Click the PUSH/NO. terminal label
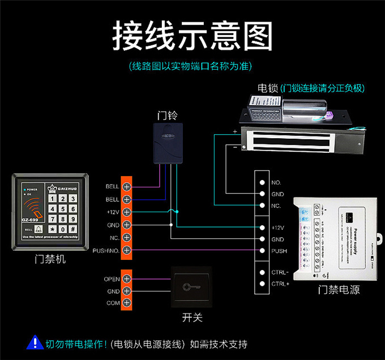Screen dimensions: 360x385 point(106,250)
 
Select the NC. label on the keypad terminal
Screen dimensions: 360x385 point(113,237)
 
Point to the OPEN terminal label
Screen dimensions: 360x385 point(112,279)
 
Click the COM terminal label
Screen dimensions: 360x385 point(113,303)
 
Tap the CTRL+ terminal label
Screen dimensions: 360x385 point(280,284)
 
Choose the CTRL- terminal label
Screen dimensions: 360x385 point(280,272)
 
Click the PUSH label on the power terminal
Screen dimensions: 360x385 point(279,250)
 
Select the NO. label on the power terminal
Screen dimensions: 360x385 point(276,183)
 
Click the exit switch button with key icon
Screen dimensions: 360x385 point(191,287)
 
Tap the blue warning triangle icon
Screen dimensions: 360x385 point(35,342)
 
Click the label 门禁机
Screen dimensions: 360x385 point(50,259)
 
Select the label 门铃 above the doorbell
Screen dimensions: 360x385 point(167,115)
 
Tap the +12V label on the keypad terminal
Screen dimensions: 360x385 point(113,212)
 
